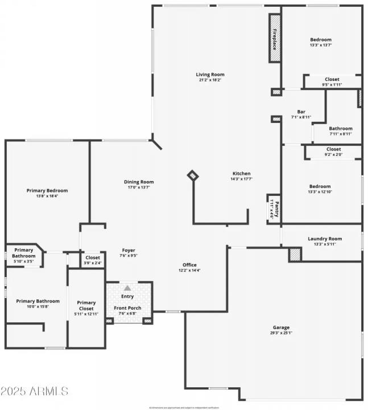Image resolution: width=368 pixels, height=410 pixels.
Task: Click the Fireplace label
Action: (274, 39)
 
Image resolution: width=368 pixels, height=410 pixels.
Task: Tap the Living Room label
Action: (210, 74)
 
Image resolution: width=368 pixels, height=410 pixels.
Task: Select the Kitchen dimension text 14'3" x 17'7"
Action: (241, 179)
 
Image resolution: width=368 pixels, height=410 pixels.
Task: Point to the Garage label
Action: (281, 327)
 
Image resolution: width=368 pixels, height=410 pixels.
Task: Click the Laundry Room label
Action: (325, 239)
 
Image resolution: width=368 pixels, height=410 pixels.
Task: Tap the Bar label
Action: (302, 112)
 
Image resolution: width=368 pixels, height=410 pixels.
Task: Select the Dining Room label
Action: (139, 182)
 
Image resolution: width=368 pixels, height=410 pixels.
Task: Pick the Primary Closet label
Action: (86, 306)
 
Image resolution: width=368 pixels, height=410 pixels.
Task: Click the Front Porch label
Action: (127, 308)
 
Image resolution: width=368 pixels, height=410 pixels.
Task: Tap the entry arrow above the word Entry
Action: (127, 288)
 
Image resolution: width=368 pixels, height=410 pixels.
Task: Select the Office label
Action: (189, 265)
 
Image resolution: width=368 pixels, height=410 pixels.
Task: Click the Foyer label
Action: (129, 250)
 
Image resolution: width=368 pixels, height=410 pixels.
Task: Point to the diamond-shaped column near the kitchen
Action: (193, 176)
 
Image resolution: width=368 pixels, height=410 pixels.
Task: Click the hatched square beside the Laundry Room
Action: (295, 255)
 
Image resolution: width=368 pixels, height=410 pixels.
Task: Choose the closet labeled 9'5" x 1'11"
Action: (332, 82)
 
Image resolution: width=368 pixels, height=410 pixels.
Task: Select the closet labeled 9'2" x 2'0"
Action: (333, 151)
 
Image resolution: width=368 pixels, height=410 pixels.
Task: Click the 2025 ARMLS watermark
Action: (34, 391)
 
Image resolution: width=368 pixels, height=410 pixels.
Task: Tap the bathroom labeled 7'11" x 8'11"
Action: (341, 131)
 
